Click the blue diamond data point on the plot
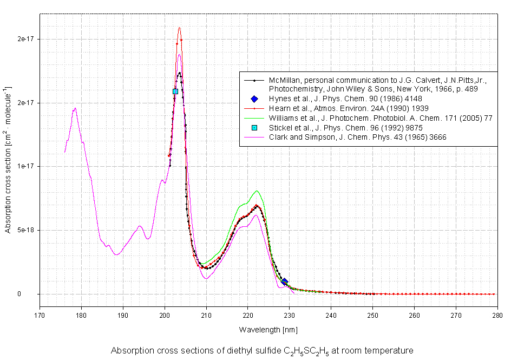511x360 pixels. coord(284,282)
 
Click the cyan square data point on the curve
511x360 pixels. coord(175,91)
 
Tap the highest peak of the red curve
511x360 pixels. coord(179,28)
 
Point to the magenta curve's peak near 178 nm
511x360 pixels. coord(75,108)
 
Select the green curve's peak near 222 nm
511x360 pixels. coord(257,191)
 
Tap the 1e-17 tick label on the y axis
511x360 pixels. coord(24,166)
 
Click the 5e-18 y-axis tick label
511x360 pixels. coord(24,230)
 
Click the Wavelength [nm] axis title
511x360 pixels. coord(268,329)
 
